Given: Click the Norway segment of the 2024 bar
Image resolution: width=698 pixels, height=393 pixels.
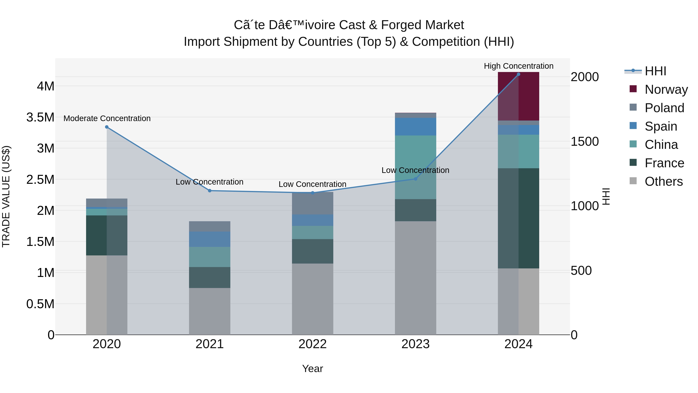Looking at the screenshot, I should coord(518,96).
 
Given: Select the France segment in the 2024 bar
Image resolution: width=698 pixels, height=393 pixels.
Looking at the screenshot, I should coord(518,218).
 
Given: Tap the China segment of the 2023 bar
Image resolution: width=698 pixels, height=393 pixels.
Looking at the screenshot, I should coord(415,167).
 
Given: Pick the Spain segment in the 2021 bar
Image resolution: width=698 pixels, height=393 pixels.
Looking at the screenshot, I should coord(209,239).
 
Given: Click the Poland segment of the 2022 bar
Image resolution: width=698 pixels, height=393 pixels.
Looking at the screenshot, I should coord(312,203).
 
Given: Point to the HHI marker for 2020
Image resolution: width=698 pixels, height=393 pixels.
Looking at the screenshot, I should coord(107,127).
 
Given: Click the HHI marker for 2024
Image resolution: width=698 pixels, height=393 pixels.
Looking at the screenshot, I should coord(518,74).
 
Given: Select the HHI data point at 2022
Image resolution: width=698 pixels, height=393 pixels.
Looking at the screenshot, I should coord(312,193).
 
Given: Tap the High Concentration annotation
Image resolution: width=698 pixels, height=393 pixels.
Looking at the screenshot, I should coord(518,66).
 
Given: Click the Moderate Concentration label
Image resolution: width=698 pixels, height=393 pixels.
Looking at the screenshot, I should coord(107,119).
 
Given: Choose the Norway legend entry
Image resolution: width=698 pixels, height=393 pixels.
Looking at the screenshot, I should coord(666,89).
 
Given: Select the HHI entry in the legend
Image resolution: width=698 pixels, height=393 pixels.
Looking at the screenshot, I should coord(655,71).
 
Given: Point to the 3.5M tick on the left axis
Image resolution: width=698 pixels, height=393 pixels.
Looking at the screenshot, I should coord(40,117).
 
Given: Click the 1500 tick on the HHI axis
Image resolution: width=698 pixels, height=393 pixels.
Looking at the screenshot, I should coord(584,142).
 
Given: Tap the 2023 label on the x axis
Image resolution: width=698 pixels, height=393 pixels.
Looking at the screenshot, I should coord(415,344).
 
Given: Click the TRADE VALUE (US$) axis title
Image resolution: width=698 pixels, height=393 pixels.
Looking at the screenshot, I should coord(6,196).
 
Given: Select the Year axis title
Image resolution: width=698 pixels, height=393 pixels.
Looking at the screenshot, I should coord(312,369).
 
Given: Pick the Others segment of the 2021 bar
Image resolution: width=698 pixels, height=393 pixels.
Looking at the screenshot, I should coord(209,311).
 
